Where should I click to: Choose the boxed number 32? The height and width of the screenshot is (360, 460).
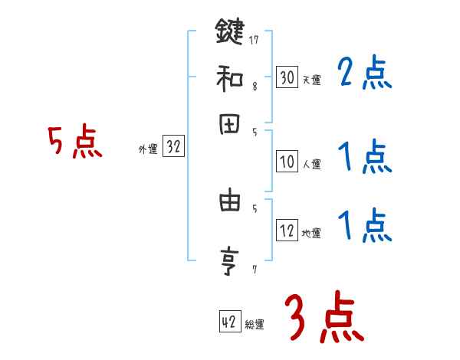point(173,148)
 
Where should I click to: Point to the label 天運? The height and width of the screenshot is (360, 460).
point(311,79)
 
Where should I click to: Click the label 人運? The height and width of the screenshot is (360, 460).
point(311,164)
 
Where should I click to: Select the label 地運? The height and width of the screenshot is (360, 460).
point(311,233)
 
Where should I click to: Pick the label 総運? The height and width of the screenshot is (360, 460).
point(254,325)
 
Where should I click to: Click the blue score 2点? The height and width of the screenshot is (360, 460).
point(364,74)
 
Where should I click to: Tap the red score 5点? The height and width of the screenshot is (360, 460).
point(76,142)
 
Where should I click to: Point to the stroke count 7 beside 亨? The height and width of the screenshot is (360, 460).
point(254,269)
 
